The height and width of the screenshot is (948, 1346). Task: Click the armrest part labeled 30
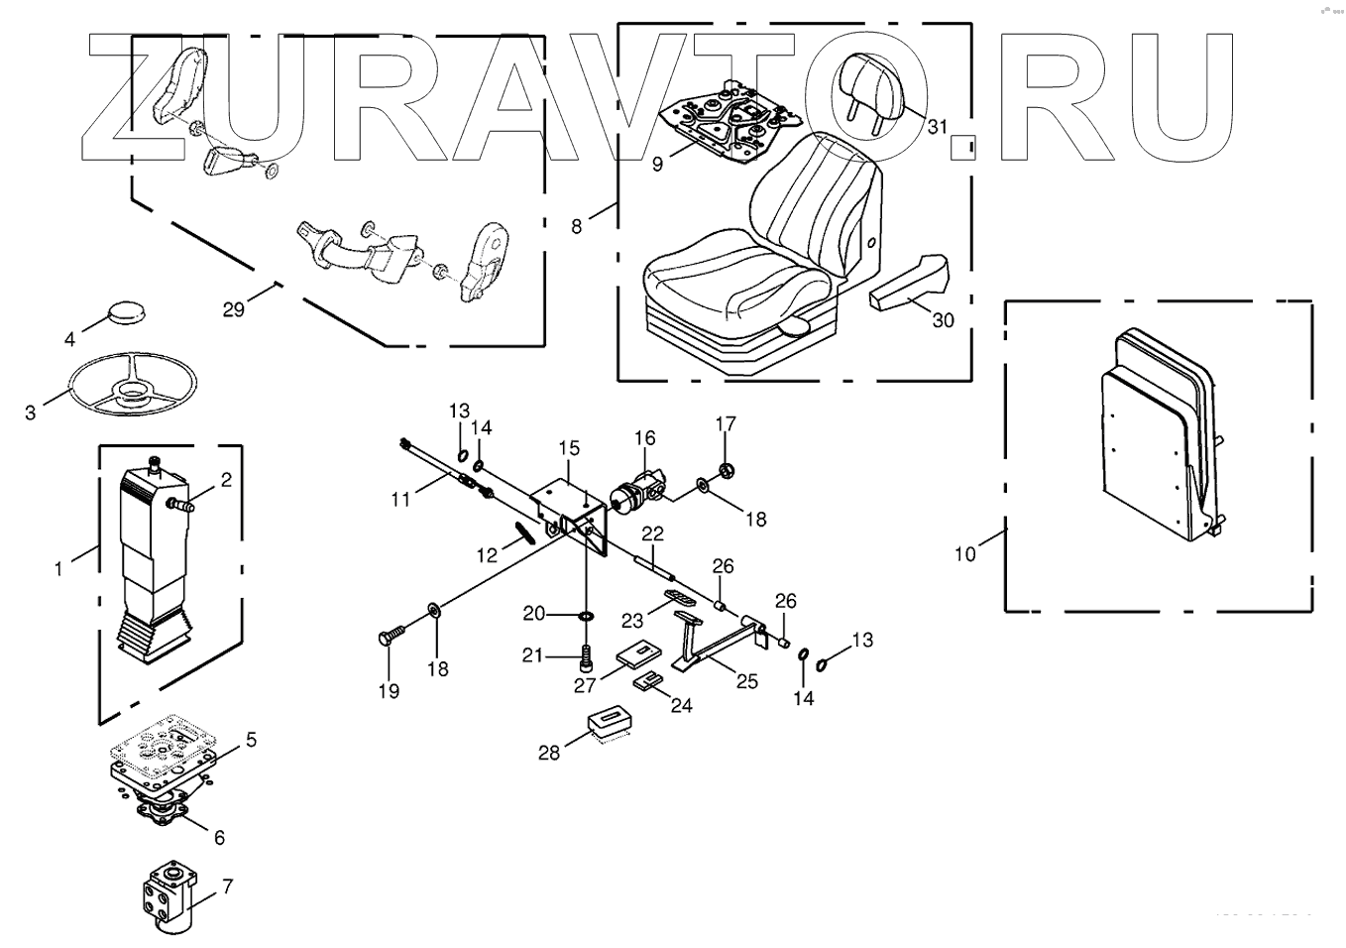tap(908, 282)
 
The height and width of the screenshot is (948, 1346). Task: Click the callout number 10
tap(964, 553)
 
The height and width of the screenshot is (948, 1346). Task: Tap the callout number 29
tap(233, 309)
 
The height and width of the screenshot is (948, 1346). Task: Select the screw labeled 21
tap(585, 655)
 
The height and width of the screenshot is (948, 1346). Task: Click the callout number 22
tap(650, 533)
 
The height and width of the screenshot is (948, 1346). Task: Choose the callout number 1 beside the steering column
tap(58, 568)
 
